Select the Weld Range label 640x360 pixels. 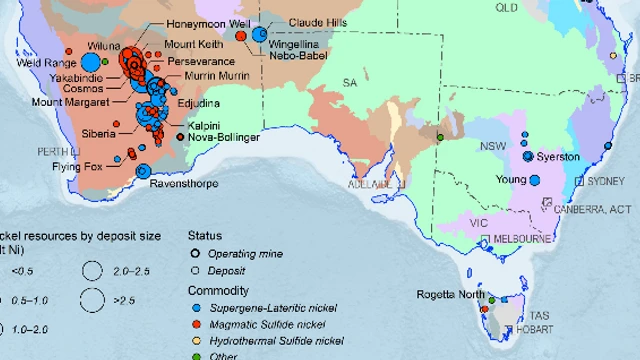[x=37, y=63]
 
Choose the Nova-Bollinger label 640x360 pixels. [x=224, y=137]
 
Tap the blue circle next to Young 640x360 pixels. [x=535, y=180]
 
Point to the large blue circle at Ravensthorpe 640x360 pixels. [x=143, y=171]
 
